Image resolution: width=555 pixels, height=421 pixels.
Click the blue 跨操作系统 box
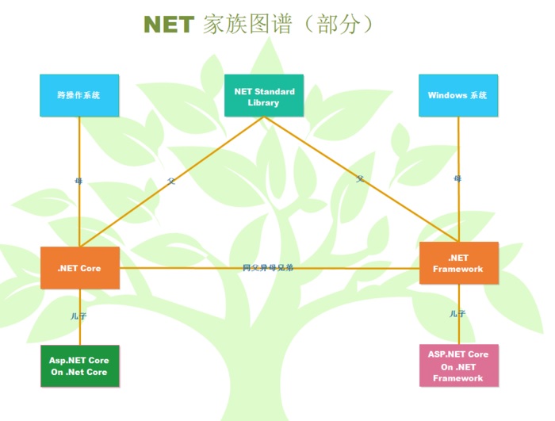tap(79, 95)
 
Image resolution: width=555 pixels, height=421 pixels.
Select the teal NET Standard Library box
tap(264, 96)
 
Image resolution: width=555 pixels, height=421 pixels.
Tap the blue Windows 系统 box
tap(458, 95)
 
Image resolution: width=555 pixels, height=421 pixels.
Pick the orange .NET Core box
tap(79, 268)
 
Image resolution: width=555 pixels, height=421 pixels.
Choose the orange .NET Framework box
tap(458, 263)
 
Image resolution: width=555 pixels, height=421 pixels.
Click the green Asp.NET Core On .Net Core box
tap(79, 366)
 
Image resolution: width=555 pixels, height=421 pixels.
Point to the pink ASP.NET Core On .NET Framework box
tap(458, 366)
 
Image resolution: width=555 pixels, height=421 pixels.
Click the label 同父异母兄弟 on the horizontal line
tap(268, 268)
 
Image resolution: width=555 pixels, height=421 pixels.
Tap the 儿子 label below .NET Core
tap(78, 316)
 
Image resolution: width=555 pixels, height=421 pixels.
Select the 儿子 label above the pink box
tap(457, 314)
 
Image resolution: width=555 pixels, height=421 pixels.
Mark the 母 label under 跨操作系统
tap(78, 182)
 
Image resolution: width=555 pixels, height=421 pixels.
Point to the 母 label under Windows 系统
tap(457, 179)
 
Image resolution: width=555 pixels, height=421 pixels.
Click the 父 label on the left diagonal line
tap(171, 182)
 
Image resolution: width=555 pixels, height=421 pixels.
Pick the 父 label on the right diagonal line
tap(360, 180)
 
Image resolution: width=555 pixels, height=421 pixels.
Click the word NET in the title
tap(168, 25)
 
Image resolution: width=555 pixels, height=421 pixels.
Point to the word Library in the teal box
tap(264, 102)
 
